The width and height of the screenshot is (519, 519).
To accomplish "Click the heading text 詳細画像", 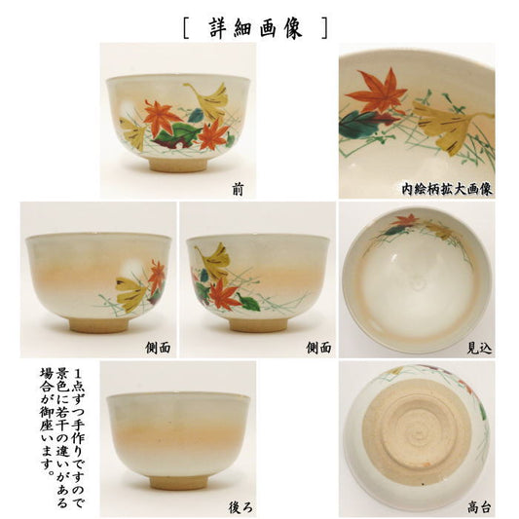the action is (255, 28).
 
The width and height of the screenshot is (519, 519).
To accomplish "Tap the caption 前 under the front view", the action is (238, 190).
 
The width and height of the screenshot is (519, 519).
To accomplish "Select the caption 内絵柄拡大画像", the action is (447, 189).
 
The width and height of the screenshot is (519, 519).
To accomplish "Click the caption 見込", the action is (479, 349).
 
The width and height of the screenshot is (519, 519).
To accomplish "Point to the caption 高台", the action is (479, 507).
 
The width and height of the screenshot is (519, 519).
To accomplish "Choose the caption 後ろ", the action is (241, 507).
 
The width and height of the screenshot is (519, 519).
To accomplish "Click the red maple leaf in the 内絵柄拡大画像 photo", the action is (376, 90).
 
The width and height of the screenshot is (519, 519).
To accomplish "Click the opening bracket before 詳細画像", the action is (186, 29).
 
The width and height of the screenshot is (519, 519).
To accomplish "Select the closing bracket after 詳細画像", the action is (324, 29).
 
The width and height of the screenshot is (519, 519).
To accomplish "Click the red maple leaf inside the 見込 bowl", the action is (404, 219).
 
